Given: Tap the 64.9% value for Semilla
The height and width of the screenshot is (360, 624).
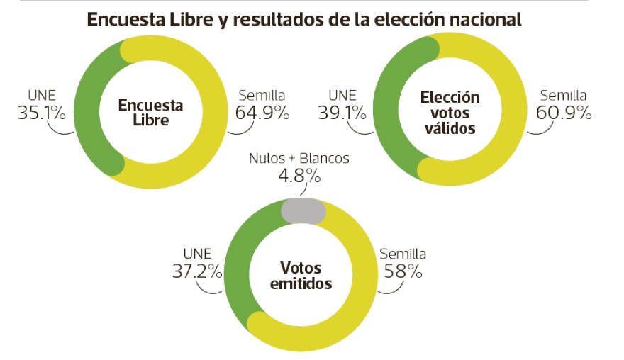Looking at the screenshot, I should coord(262,112).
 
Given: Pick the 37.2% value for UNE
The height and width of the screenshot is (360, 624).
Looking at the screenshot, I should coord(197,270).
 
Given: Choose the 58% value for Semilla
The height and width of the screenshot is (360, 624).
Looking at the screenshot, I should coord(403,270).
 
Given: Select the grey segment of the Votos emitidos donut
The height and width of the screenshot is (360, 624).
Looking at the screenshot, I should coord(303,210).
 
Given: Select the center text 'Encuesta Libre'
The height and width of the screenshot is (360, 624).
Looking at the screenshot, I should coord(150,113).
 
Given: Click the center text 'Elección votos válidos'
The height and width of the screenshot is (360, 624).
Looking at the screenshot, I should coord(450,113).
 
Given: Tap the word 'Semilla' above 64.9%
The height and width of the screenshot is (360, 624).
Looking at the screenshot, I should coord(262,95).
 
